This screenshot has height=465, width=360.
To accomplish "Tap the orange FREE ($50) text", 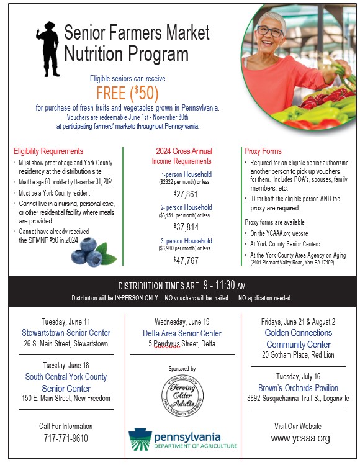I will pos(127,93).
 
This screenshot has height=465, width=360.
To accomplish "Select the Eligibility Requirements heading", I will pos(48,151).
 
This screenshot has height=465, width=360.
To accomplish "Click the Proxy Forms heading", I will pos(263,151).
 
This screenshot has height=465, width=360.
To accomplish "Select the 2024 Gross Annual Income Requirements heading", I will pos(186,156).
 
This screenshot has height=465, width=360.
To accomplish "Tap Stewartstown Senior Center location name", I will pos(65,332).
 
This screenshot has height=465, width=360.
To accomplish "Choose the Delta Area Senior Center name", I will pos(186,333).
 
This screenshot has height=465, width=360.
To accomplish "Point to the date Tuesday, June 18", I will pos(65,365).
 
